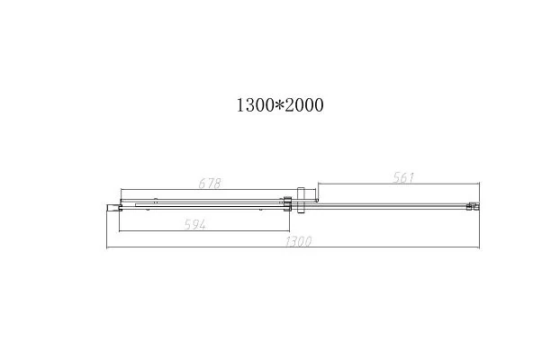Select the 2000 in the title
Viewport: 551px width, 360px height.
[x=303, y=105]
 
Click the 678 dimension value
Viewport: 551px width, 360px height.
[x=210, y=184]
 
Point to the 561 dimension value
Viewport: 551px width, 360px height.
[x=403, y=177]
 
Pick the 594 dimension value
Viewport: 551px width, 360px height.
[x=195, y=224]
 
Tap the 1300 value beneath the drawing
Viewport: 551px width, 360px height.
[x=298, y=241]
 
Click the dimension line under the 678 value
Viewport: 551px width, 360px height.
[x=218, y=189]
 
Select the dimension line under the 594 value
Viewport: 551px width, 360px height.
[x=204, y=230]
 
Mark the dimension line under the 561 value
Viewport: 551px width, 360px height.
[x=399, y=183]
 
